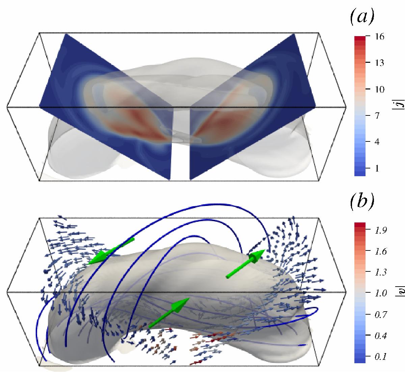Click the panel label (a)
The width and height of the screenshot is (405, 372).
coord(362,17)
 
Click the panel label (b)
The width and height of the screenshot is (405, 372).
coord(362,202)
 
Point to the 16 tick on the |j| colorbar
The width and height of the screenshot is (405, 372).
coord(380,36)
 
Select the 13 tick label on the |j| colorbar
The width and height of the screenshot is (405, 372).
coord(380,63)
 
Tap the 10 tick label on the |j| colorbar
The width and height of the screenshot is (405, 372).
coord(380,89)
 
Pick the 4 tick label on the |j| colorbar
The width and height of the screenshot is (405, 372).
coord(377,142)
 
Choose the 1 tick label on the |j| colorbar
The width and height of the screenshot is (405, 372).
coord(377,168)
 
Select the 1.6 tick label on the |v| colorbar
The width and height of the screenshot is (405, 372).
coord(381,251)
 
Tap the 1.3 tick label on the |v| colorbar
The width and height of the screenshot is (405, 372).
coord(381,272)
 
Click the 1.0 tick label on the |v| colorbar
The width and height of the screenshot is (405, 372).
coord(381,293)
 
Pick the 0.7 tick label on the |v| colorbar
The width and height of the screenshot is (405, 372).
coord(381,314)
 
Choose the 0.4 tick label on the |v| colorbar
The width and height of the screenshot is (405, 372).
coord(381,336)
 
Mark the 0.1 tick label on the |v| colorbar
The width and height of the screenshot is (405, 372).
coord(381,357)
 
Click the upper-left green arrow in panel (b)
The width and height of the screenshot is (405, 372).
coord(111,251)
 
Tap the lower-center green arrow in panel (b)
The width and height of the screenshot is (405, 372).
coord(169,313)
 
